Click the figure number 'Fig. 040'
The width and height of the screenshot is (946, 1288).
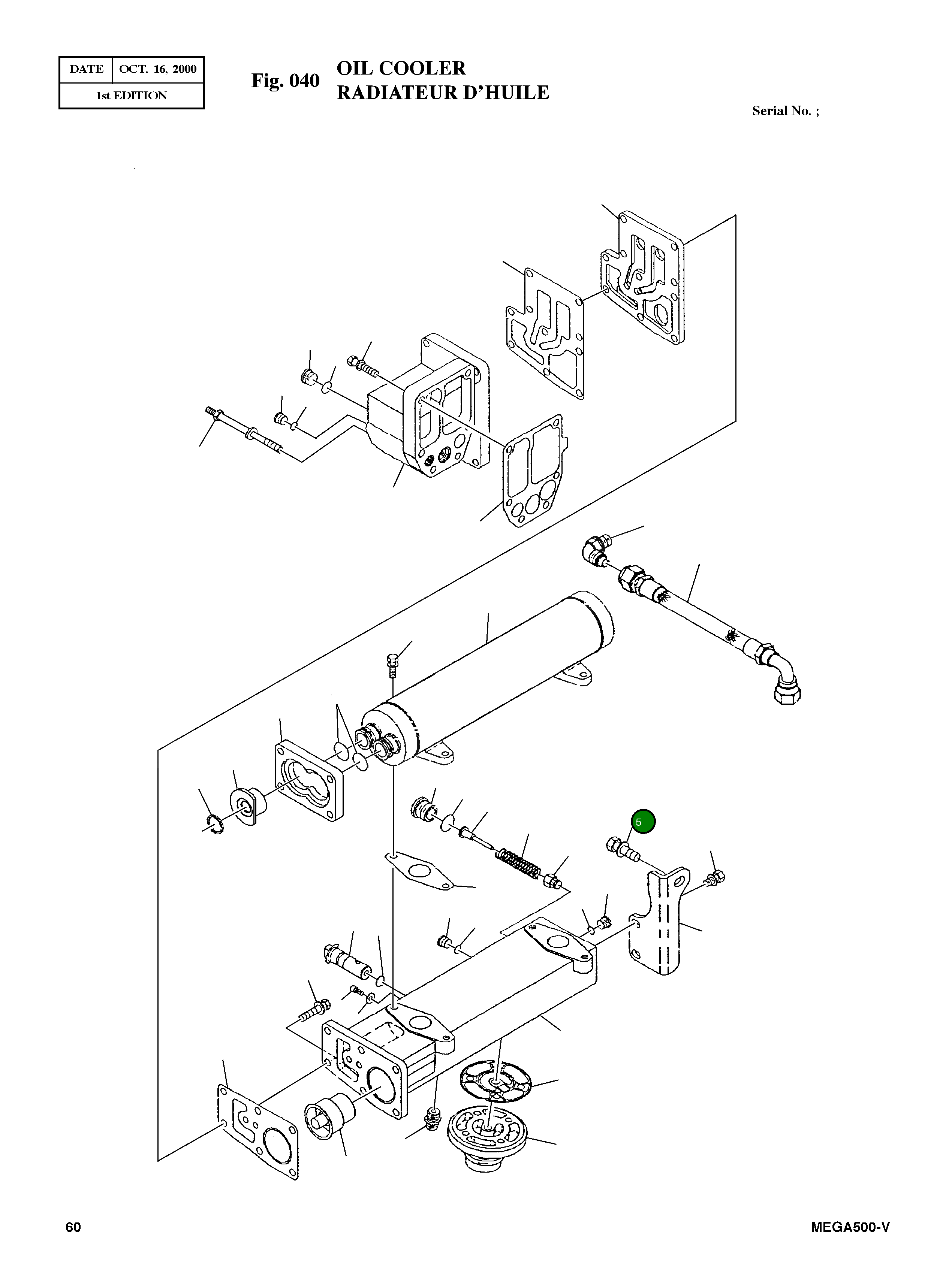[x=285, y=81]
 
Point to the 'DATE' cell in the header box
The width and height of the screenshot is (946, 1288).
[x=86, y=69]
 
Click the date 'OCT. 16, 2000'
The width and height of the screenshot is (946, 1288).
[x=157, y=69]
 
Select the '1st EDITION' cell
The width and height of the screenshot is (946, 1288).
[x=131, y=96]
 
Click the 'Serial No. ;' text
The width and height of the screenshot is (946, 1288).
[x=785, y=111]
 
